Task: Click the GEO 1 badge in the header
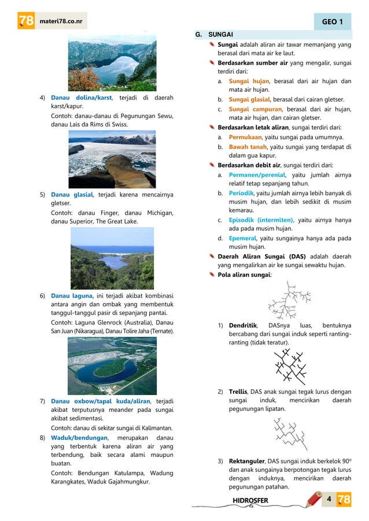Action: [334, 23]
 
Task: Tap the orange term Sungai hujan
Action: [249, 81]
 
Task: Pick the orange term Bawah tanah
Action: [246, 147]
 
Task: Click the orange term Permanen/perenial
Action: [257, 174]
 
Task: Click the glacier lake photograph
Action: [112, 159]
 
